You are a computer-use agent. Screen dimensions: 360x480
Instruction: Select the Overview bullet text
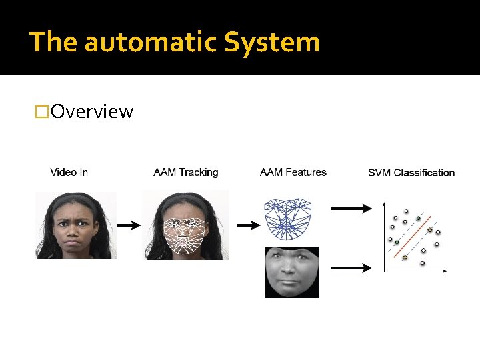tap(91, 111)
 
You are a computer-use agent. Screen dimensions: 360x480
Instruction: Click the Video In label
tap(69, 172)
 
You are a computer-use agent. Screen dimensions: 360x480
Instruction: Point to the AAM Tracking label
tap(185, 172)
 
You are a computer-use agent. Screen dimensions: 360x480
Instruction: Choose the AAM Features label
tap(293, 172)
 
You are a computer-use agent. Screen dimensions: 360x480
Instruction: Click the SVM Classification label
tap(411, 173)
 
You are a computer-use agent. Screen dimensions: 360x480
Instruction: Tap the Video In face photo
tap(76, 225)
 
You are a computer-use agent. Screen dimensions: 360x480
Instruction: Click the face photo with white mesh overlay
tap(185, 225)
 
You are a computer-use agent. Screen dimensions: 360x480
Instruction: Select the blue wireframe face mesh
tap(289, 219)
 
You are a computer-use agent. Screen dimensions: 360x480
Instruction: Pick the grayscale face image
tap(292, 272)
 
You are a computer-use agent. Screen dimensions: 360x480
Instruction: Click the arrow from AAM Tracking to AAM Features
tap(248, 225)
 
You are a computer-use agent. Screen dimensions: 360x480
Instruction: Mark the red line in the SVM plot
tap(415, 233)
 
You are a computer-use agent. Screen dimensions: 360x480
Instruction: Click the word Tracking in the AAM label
tap(198, 172)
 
